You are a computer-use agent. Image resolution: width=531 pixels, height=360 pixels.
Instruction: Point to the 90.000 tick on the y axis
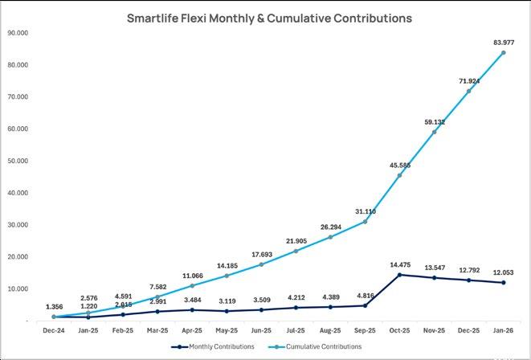coord(17,33)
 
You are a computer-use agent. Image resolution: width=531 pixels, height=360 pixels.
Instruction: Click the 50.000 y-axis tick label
coord(17,161)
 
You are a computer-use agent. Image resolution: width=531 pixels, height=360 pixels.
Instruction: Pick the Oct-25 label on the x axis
coord(400,329)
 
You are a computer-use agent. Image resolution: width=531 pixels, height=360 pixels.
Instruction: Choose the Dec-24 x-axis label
coord(54,329)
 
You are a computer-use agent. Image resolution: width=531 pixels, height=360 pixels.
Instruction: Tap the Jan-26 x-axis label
coord(504,329)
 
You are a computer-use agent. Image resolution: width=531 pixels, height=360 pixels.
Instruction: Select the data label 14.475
coord(400,264)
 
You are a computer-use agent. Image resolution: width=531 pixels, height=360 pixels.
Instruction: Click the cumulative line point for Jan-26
coord(504,53)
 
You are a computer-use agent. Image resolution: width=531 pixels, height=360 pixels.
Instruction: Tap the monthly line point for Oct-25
coord(400,275)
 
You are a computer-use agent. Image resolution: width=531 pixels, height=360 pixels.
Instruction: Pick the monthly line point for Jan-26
coord(504,283)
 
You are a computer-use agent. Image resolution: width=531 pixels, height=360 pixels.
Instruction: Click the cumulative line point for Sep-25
coord(366,222)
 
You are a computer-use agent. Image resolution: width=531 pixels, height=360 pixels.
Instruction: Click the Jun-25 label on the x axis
coord(261,329)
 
